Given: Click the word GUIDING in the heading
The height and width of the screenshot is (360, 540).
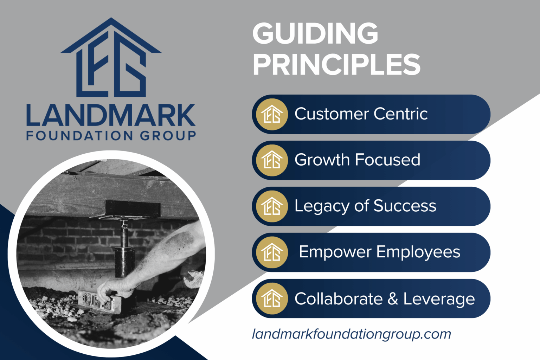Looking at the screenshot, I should point(315,33).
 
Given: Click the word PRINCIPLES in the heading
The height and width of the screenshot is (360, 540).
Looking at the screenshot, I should point(336,64).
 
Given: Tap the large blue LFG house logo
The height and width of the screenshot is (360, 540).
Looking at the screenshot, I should point(111,58).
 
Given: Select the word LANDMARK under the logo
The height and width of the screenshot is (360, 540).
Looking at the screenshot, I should point(111,115).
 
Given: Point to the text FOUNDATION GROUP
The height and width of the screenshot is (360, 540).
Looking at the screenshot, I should point(111,136).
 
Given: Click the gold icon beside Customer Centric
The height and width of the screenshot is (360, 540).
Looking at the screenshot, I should point(272,114).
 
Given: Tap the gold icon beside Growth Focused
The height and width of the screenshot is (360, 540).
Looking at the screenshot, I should point(272,160).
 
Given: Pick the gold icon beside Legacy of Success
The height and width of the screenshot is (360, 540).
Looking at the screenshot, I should point(272,206).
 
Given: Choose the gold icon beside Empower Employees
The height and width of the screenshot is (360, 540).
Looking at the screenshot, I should point(272,252).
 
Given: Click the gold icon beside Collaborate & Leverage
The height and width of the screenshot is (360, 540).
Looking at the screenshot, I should point(272,298).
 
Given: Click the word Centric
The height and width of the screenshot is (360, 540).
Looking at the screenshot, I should point(400,114).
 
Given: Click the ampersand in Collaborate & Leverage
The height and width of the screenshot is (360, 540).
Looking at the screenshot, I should point(393,299).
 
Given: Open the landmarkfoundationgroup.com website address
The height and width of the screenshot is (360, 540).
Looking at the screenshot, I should point(351,334).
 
